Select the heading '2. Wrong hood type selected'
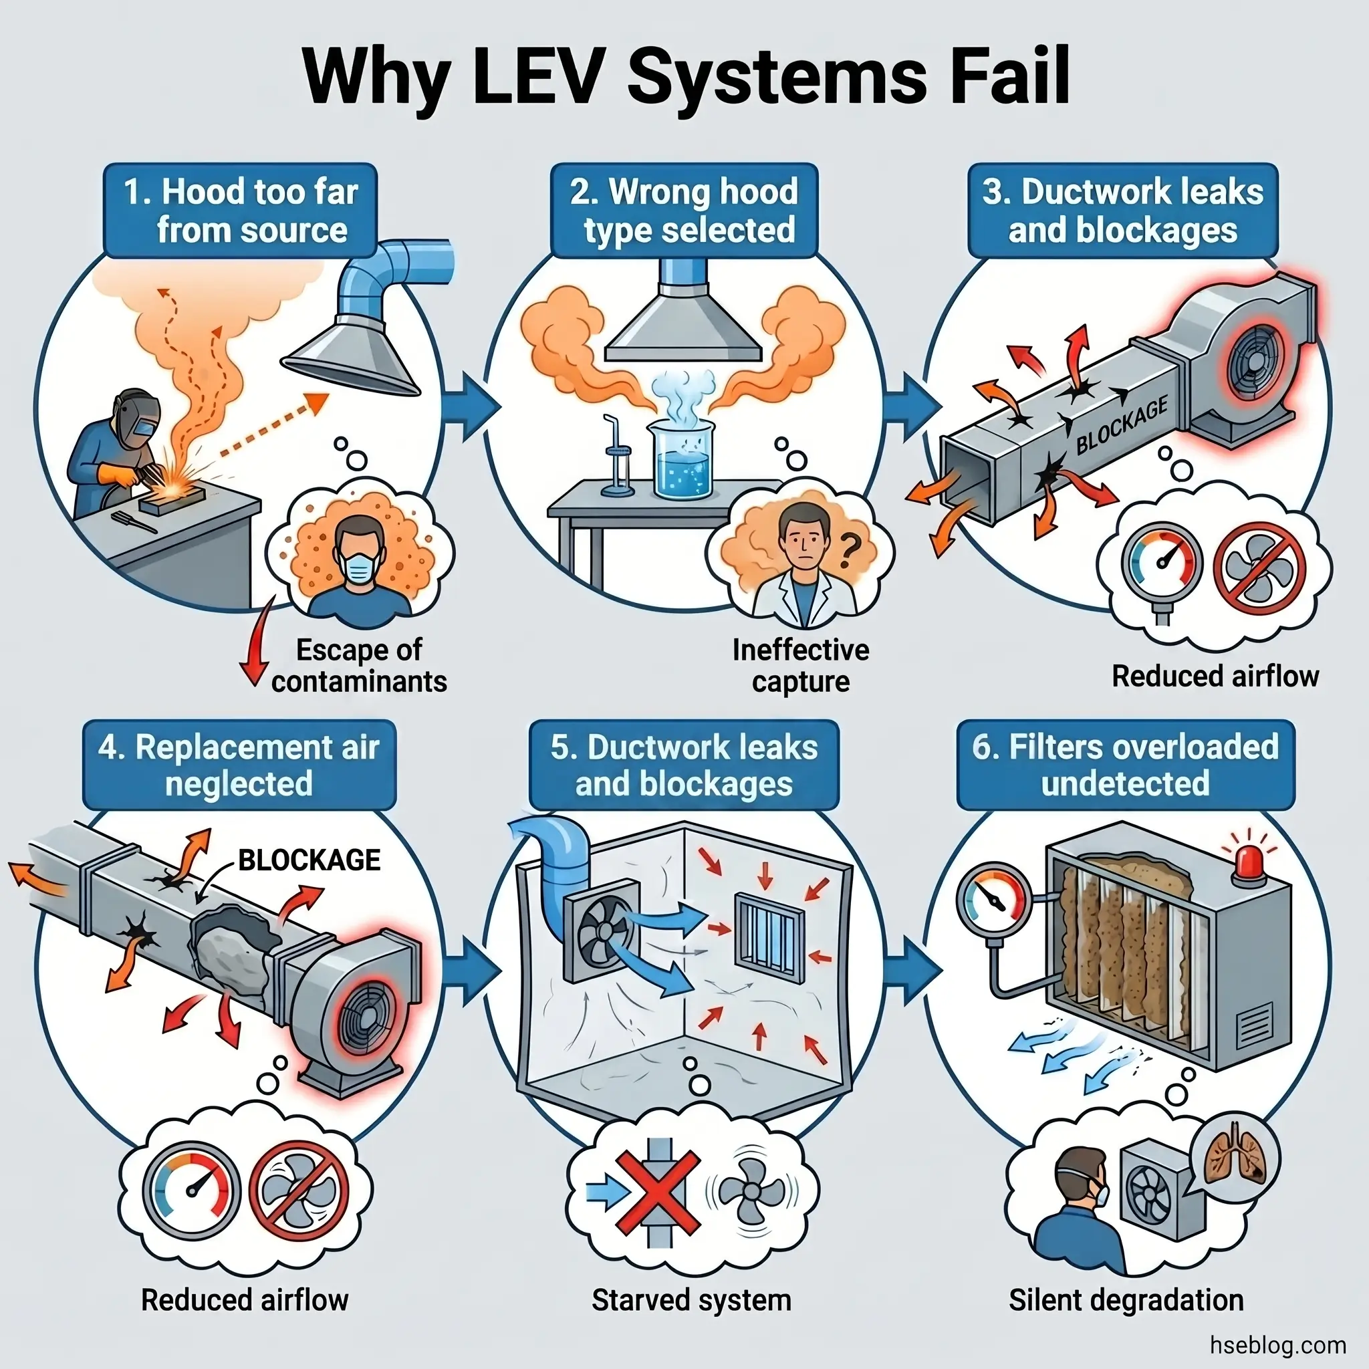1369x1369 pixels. (x=684, y=211)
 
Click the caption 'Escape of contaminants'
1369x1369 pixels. (x=358, y=664)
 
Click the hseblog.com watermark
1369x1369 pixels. (x=1277, y=1344)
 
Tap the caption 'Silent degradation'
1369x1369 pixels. (x=1125, y=1300)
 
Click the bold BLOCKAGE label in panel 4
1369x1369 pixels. (x=309, y=860)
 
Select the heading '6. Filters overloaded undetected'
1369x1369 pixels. (x=1125, y=765)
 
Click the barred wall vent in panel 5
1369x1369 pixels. (x=769, y=937)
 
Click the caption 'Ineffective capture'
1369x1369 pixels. (x=800, y=664)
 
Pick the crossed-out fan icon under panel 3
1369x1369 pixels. (x=1260, y=570)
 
